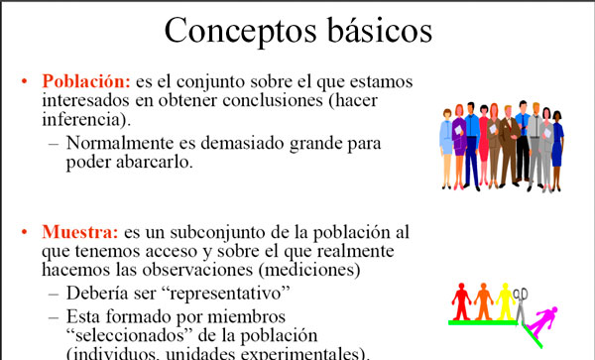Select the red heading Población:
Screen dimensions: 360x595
pos(83,80)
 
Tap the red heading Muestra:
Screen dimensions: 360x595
pos(79,234)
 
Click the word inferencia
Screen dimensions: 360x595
pos(84,121)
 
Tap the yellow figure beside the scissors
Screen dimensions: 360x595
pos(505,300)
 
